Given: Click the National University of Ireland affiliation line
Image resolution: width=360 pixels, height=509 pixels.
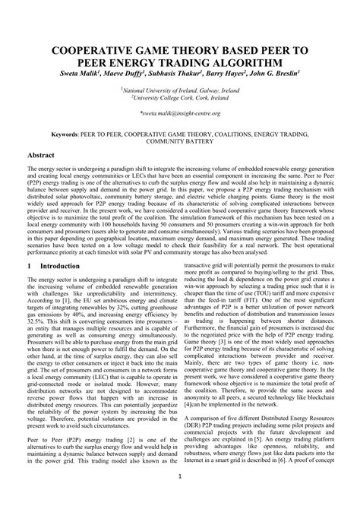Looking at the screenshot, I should coord(180,90).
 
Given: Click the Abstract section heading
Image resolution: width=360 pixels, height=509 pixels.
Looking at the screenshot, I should coord(41,154).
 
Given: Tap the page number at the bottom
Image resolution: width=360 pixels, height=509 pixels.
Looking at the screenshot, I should coord(180,477).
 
